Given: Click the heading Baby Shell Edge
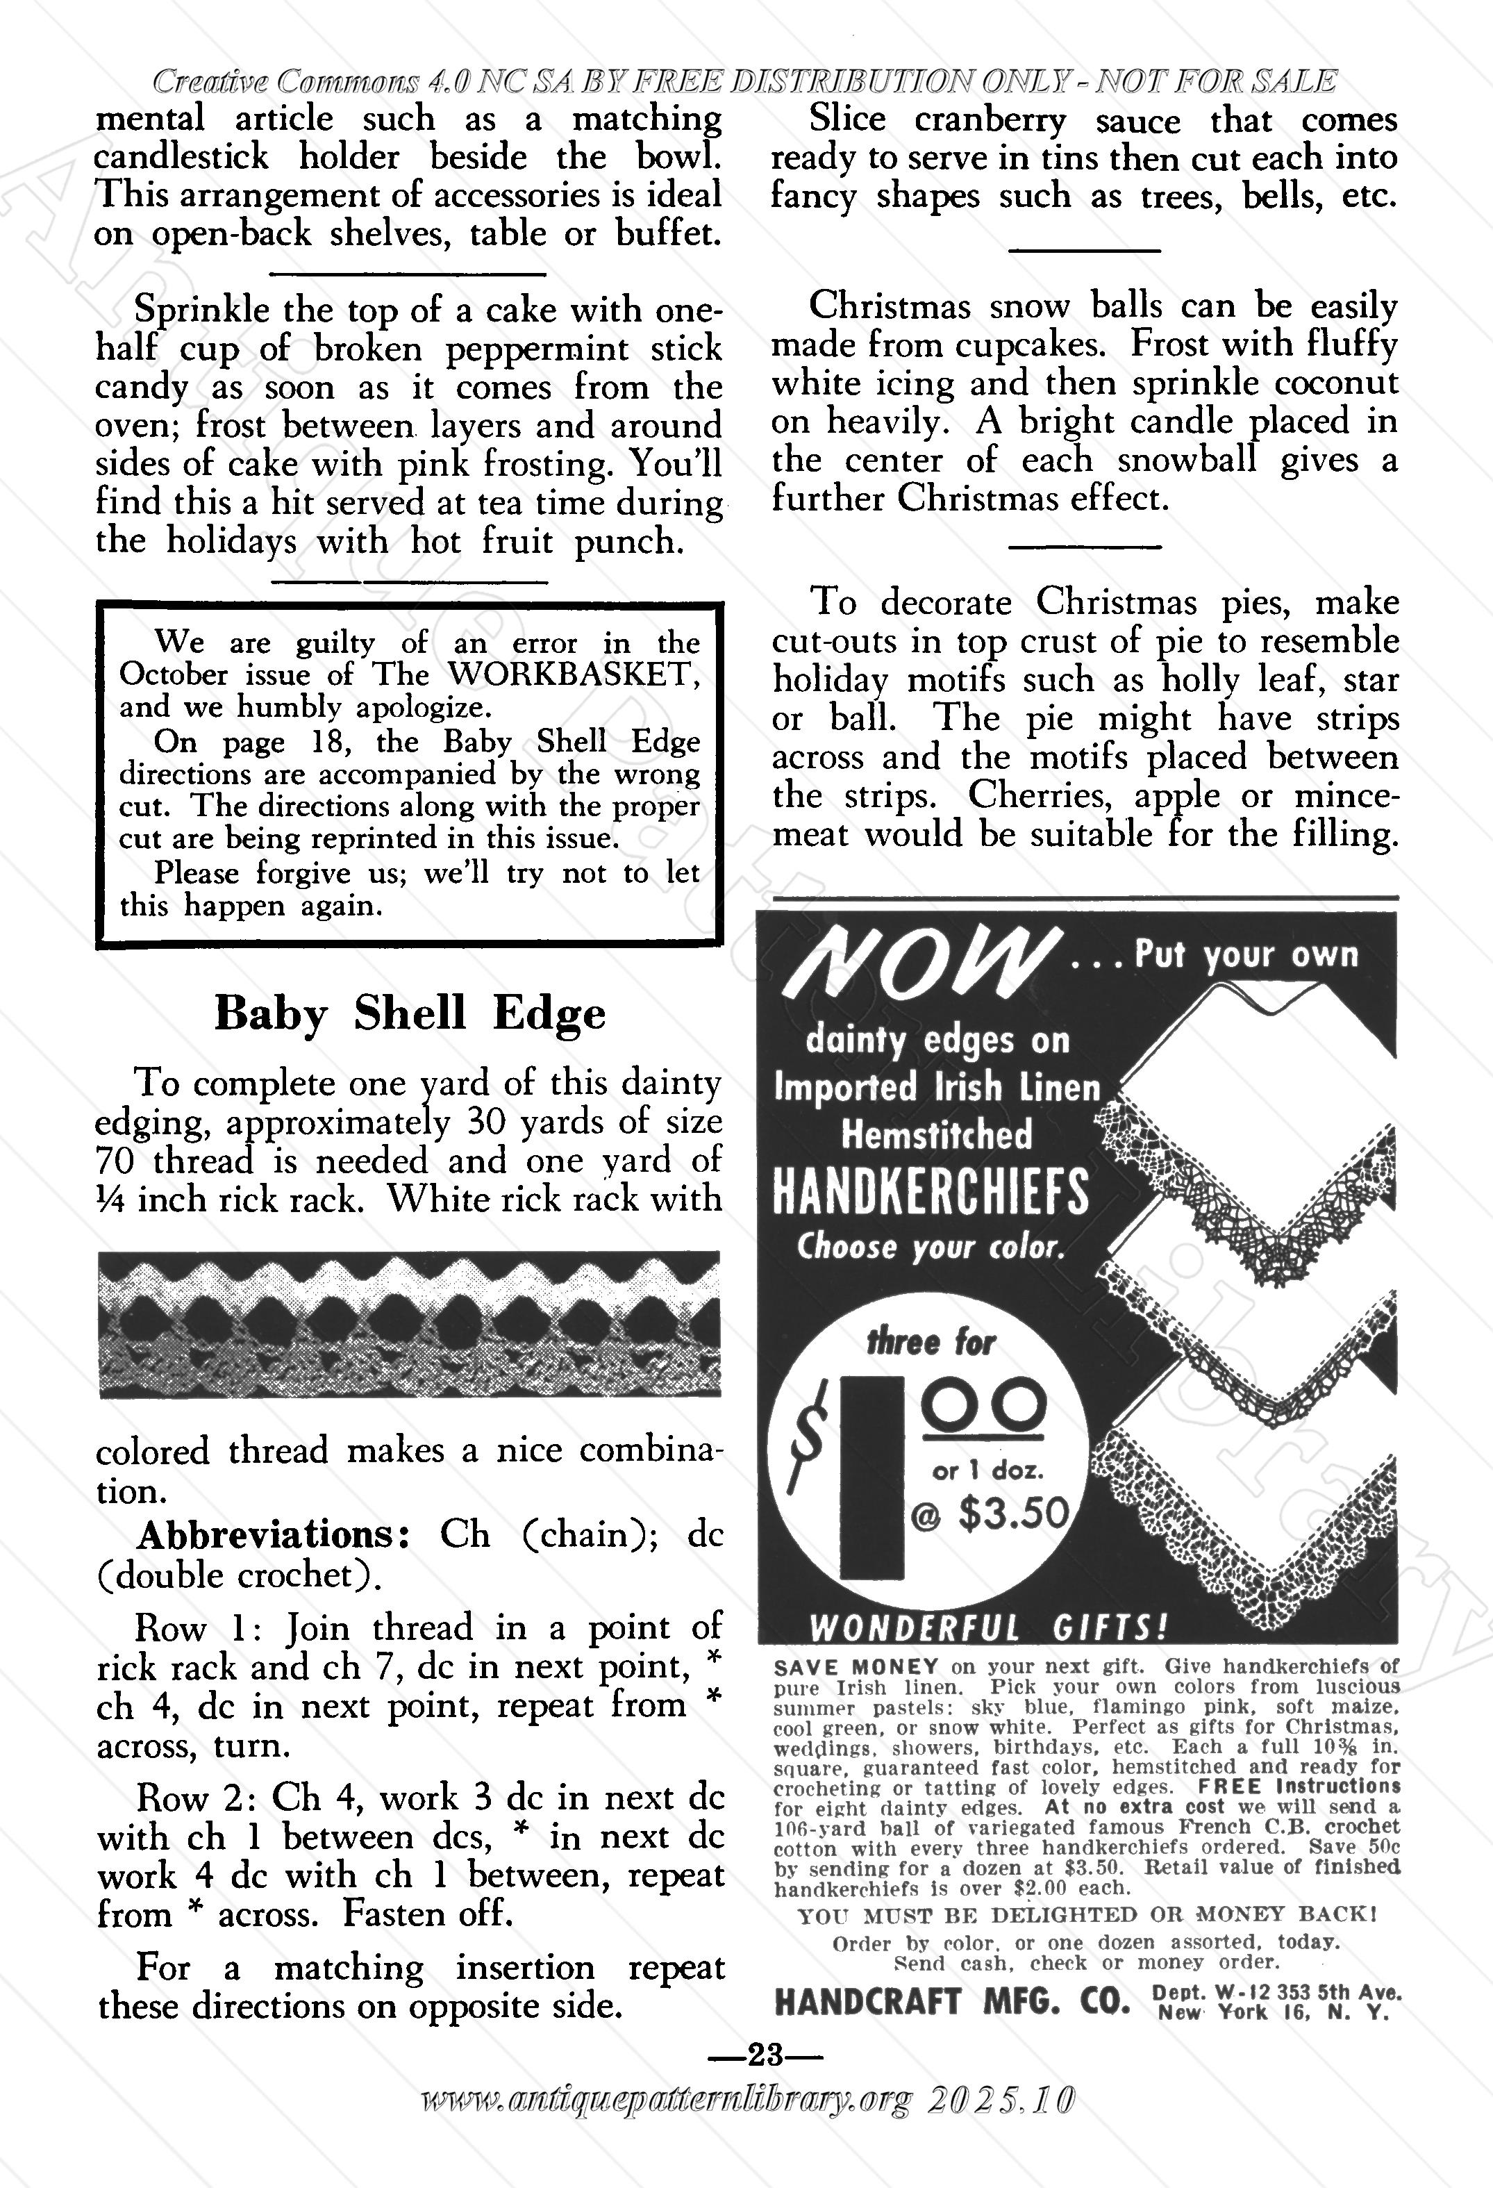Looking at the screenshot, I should pyautogui.click(x=410, y=1014).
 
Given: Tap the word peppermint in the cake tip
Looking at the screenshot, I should pyautogui.click(x=537, y=350).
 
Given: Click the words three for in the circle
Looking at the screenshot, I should pyautogui.click(x=930, y=1341).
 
